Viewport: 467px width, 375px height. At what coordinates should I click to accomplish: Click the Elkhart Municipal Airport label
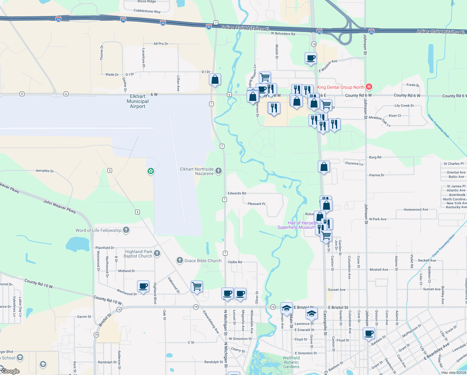point(138,101)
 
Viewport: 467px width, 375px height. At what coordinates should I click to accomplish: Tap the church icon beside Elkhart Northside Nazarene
point(219,171)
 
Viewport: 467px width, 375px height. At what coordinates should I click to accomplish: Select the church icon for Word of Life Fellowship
point(126,230)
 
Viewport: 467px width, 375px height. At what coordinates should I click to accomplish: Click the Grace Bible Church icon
point(179,260)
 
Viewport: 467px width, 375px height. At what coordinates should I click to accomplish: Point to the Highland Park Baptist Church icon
point(157,253)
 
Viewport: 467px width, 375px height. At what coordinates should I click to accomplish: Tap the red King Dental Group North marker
point(369,87)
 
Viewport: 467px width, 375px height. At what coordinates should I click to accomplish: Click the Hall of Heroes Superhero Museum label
point(296,225)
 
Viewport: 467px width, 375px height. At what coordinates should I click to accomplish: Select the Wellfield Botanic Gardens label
point(291,362)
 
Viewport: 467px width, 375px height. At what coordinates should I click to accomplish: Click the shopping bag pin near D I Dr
point(215,80)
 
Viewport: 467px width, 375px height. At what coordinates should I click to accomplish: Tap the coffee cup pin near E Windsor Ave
point(311,58)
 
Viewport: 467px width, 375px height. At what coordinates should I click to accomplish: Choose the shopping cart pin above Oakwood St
point(197,286)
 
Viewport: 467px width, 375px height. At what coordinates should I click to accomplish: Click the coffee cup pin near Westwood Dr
point(143,286)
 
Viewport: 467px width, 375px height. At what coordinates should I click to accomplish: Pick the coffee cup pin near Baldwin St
point(369,333)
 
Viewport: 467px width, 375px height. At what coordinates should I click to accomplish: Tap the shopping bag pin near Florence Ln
point(324,167)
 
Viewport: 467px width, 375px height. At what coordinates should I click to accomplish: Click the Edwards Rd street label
point(237,193)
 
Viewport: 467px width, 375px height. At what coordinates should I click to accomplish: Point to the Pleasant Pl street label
point(256,204)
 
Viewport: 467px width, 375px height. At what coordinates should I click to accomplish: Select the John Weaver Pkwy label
point(59,206)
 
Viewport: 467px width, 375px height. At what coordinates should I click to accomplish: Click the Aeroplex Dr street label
point(45,171)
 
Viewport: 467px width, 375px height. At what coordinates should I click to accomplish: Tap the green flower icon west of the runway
point(151,171)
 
